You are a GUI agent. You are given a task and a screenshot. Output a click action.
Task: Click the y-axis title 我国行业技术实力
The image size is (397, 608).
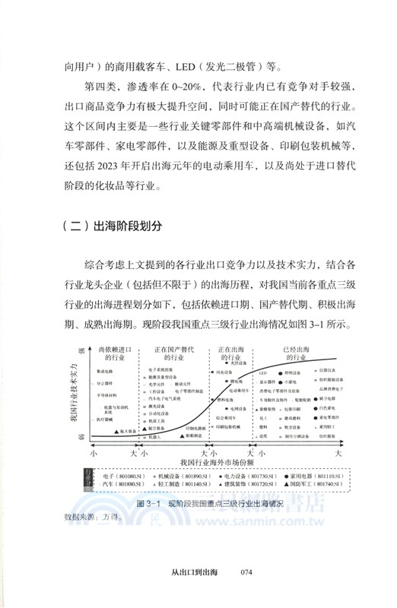click(x=75, y=394)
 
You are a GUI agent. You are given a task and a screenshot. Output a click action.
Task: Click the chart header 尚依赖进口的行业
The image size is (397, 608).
click(x=114, y=352)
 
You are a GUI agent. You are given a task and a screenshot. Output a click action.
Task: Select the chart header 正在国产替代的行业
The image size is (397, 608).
click(x=175, y=352)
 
